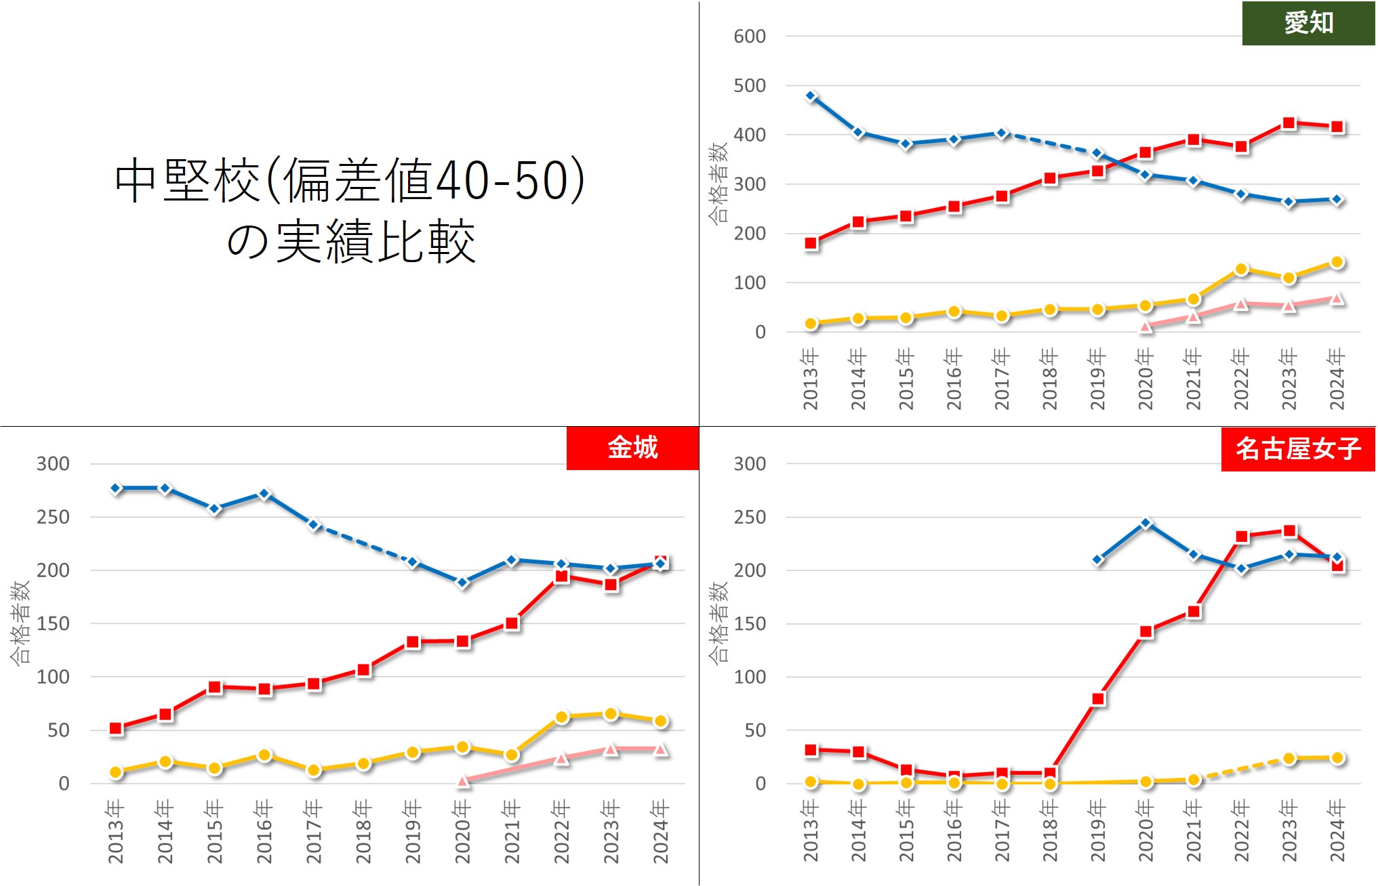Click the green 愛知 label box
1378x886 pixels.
click(x=1308, y=23)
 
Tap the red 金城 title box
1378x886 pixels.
click(x=632, y=448)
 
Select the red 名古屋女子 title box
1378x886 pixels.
click(x=1297, y=448)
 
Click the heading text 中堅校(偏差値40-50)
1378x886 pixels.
click(x=350, y=180)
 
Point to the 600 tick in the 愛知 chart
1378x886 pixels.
click(x=749, y=37)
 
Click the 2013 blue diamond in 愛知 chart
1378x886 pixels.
click(x=811, y=96)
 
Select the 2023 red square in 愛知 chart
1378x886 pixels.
click(x=1289, y=123)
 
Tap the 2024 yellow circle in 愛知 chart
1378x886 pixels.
click(x=1337, y=262)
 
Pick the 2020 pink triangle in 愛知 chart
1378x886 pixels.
click(x=1146, y=326)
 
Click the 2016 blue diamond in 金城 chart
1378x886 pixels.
click(x=264, y=494)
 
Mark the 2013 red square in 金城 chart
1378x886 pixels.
click(x=116, y=728)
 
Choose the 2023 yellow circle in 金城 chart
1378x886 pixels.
click(x=611, y=714)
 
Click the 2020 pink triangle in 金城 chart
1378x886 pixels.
click(x=463, y=781)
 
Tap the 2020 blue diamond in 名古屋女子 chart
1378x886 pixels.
click(x=1146, y=523)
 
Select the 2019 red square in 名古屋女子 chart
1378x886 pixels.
click(x=1098, y=698)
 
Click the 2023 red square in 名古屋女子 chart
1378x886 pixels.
click(x=1289, y=531)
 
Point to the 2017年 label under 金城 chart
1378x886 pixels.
click(x=314, y=831)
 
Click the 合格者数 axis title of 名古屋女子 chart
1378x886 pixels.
click(x=718, y=623)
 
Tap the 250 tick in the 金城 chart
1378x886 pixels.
click(x=53, y=517)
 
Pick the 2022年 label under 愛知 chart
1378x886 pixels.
click(x=1240, y=379)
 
